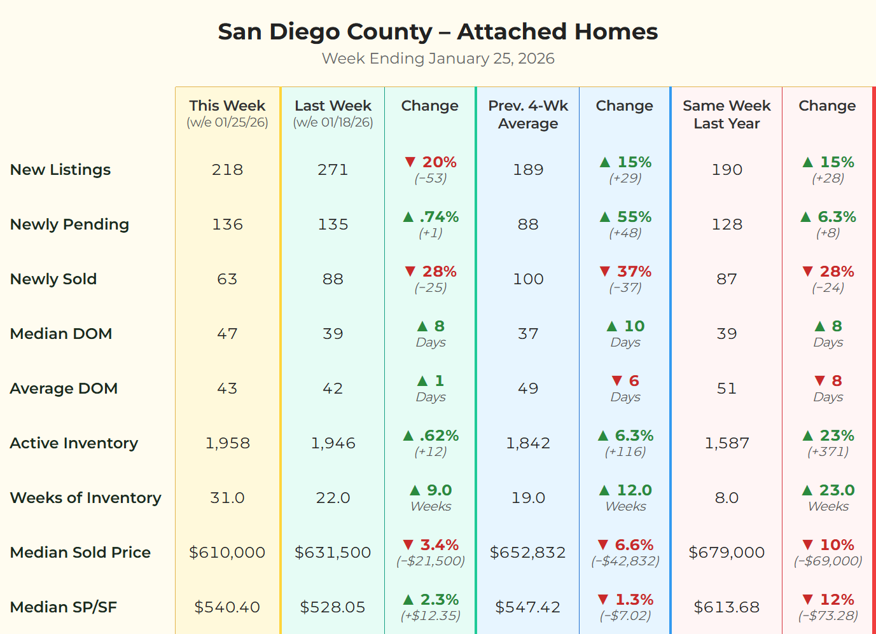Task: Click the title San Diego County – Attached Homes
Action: (x=438, y=32)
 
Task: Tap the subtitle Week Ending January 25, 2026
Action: (x=438, y=59)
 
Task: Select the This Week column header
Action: (x=227, y=106)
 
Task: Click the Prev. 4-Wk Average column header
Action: (x=528, y=114)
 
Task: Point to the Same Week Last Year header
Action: (x=727, y=114)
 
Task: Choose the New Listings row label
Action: (x=60, y=170)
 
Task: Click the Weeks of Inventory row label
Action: (x=85, y=498)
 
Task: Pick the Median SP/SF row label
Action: (x=64, y=607)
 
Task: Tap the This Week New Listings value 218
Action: (x=227, y=170)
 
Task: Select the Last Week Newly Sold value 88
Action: (x=333, y=279)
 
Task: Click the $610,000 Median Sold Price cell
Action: (x=227, y=553)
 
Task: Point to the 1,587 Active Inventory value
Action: (x=727, y=443)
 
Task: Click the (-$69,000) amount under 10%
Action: (x=828, y=561)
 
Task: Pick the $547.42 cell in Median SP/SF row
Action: (x=528, y=607)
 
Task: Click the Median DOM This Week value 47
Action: (x=227, y=334)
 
